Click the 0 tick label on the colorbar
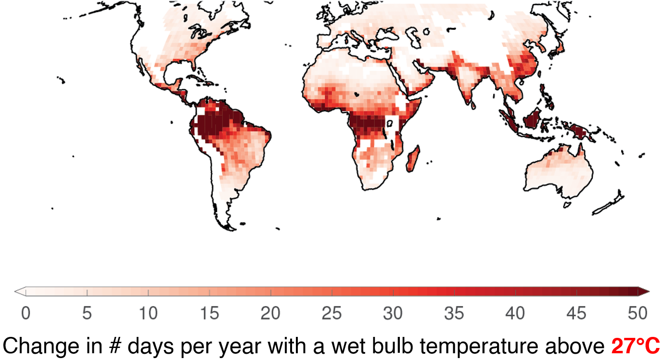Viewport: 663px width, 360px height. coord(26,313)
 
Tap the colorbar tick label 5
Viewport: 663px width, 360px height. coord(87,313)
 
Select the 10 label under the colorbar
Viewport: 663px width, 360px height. coord(148,313)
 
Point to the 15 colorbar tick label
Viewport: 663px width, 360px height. coord(209,313)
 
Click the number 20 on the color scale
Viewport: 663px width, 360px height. coord(270,313)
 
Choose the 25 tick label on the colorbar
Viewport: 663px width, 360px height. coord(331,313)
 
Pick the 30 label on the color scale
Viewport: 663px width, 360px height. coord(393,313)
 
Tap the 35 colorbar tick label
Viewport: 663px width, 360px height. coord(454,313)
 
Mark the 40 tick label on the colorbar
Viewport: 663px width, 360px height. coord(515,313)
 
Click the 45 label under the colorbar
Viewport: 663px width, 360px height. coord(576,313)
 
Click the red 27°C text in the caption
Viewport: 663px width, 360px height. coord(636,346)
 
